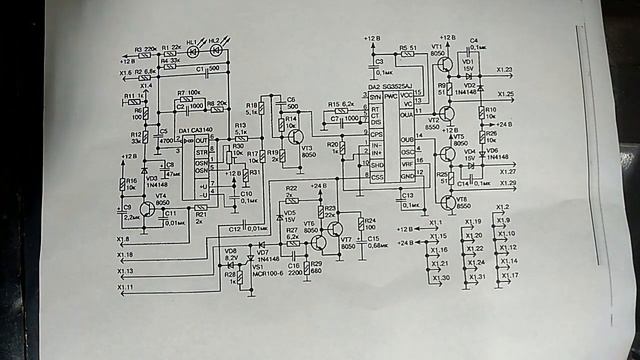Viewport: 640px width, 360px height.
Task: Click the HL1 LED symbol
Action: click(x=193, y=52)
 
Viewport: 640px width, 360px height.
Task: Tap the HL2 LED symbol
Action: click(x=216, y=52)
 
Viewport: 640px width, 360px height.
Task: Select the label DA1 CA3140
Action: click(x=199, y=131)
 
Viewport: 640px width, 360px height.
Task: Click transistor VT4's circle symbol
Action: click(x=148, y=208)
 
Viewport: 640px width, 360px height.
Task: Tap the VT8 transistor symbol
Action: click(x=450, y=201)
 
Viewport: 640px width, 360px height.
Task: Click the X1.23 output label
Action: click(x=504, y=70)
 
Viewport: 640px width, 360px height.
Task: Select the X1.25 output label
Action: click(x=504, y=94)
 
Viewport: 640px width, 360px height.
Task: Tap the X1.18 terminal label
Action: click(x=126, y=256)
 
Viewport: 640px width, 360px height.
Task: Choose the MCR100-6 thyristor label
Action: click(x=269, y=271)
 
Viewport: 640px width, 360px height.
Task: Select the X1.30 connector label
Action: click(x=440, y=277)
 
